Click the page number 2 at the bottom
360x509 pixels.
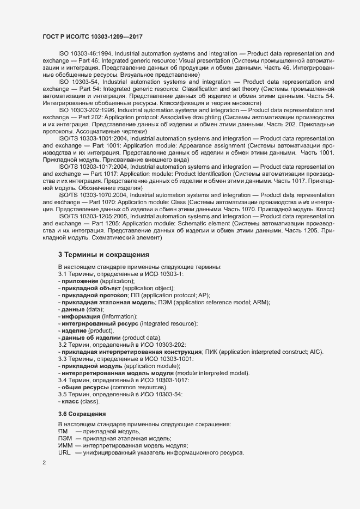pos(44,463)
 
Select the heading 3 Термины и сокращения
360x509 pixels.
pos(103,254)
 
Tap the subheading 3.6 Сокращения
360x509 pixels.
pos(82,413)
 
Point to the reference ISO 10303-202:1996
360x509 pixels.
pos(87,110)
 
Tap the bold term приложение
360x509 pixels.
pos(83,280)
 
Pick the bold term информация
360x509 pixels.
pos(81,316)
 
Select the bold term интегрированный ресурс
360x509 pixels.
pos(100,323)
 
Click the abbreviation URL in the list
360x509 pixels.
pos(64,453)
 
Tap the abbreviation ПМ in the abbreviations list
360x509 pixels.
pos(63,431)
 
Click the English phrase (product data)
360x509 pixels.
pos(142,338)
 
